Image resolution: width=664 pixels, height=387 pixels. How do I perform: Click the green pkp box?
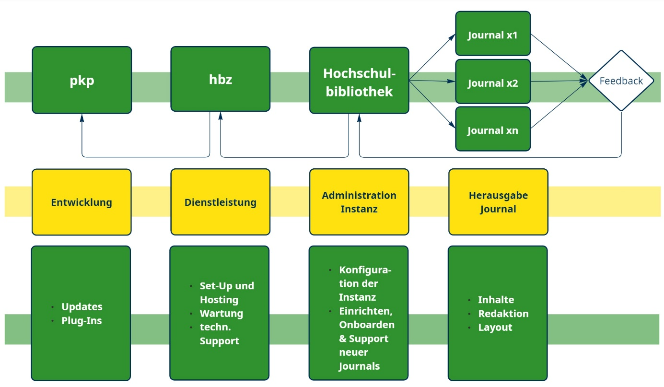coord(82,80)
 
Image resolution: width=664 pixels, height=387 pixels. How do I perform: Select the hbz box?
coord(221,79)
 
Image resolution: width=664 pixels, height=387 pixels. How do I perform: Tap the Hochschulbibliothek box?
coord(359,81)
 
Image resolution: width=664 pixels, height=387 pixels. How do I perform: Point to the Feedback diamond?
coord(621,81)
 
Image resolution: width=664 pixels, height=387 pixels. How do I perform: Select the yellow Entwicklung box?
coord(82,202)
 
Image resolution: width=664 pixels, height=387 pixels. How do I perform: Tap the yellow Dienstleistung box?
coord(221,202)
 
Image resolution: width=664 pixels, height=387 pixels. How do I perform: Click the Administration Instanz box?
coord(359,202)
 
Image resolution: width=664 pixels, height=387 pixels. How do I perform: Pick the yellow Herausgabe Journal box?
coord(498,202)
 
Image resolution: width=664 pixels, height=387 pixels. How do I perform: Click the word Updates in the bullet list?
coord(82,307)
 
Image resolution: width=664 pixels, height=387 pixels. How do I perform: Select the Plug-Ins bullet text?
coord(82,321)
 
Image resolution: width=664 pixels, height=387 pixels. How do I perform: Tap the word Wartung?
coord(221,314)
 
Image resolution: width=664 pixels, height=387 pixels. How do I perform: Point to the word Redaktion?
coord(503,314)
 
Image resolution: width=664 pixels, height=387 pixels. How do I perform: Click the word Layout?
coord(495,328)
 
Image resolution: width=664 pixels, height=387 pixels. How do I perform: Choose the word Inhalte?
coord(496,300)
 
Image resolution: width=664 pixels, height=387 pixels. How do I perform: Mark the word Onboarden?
coord(367,325)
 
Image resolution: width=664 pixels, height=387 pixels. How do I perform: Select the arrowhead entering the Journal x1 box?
coord(453,36)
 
